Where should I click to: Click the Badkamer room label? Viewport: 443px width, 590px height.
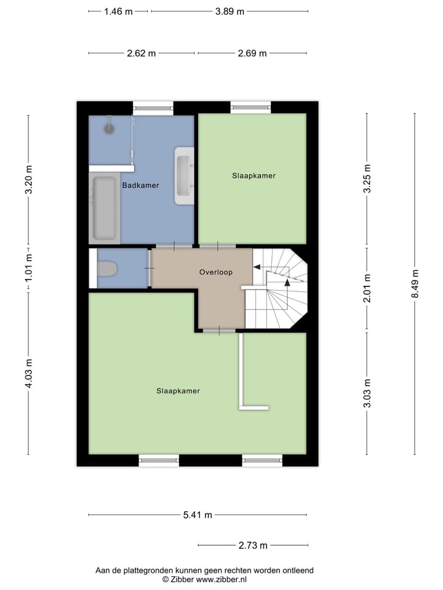pyautogui.click(x=140, y=185)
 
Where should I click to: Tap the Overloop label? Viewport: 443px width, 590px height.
pyautogui.click(x=215, y=272)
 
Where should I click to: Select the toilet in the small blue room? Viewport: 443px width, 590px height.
pyautogui.click(x=108, y=269)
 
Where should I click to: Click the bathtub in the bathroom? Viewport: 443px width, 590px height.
pyautogui.click(x=105, y=208)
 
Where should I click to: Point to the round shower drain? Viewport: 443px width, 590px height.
pyautogui.click(x=110, y=128)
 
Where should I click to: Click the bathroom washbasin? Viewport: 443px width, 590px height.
pyautogui.click(x=184, y=175)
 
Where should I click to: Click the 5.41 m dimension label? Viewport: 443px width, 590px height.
pyautogui.click(x=198, y=515)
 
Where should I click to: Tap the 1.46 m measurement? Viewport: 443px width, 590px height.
pyautogui.click(x=119, y=12)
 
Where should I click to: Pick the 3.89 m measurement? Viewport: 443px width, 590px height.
pyautogui.click(x=229, y=12)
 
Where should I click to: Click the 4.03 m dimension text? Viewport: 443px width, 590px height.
pyautogui.click(x=28, y=372)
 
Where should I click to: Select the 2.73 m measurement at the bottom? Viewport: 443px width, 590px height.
pyautogui.click(x=253, y=545)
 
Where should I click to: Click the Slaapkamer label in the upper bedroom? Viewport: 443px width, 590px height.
pyautogui.click(x=253, y=176)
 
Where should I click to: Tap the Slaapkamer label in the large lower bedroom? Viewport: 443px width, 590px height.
pyautogui.click(x=178, y=391)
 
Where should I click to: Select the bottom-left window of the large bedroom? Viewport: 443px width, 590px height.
pyautogui.click(x=159, y=459)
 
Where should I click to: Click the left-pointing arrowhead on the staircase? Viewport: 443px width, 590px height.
pyautogui.click(x=257, y=267)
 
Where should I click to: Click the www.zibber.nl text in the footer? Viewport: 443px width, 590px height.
pyautogui.click(x=221, y=579)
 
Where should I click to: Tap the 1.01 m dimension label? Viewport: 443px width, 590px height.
pyautogui.click(x=28, y=269)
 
